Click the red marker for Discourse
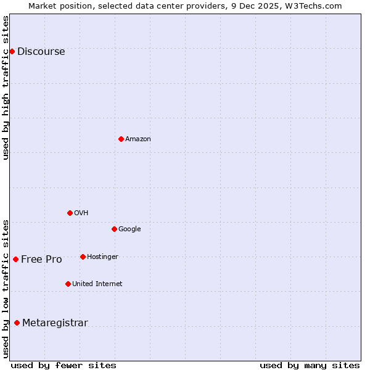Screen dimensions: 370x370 click(x=12, y=51)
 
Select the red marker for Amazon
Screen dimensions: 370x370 click(x=121, y=139)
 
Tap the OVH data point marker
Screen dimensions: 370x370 click(x=70, y=213)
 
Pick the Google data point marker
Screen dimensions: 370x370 click(x=114, y=229)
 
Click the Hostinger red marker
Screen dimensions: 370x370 click(x=83, y=257)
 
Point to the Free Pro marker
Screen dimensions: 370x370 click(x=15, y=259)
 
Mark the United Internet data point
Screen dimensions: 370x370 click(x=68, y=284)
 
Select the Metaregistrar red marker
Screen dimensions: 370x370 click(x=17, y=323)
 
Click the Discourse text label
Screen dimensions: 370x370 click(x=41, y=52)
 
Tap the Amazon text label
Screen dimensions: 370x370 click(x=138, y=139)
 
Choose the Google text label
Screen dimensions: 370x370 click(x=129, y=229)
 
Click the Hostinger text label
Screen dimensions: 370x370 click(x=102, y=257)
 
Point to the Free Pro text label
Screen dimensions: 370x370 click(x=41, y=260)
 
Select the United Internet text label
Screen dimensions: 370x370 click(x=97, y=284)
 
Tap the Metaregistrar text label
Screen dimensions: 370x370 click(x=55, y=323)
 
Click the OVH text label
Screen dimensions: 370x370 click(x=81, y=213)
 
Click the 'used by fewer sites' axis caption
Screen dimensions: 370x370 click(x=64, y=365)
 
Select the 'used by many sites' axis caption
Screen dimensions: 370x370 click(x=310, y=365)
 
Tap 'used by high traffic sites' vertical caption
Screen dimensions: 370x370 click(x=6, y=87)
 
